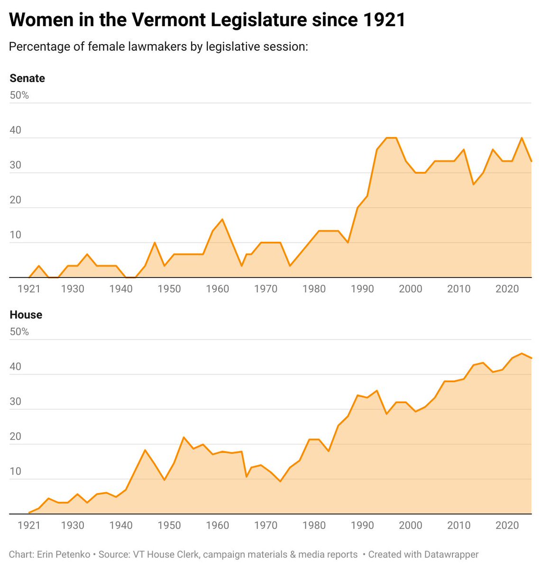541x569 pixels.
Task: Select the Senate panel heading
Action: coord(27,78)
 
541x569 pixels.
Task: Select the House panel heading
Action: coord(26,315)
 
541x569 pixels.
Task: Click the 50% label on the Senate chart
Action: coord(19,95)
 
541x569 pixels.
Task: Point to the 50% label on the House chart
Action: coord(19,332)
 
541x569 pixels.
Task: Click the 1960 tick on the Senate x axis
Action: coord(217,289)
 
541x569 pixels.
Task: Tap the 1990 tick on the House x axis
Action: coord(362,525)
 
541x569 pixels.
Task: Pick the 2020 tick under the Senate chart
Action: coord(507,289)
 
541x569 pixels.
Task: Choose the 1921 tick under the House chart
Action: coord(28,525)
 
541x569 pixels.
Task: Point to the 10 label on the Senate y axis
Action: coord(15,235)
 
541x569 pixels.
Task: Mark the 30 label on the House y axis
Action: coord(15,402)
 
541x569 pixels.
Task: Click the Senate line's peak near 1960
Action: coord(222,219)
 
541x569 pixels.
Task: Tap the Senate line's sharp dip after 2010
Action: coord(473,184)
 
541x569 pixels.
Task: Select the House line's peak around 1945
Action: coord(145,450)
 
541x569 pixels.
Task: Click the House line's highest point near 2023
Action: coord(522,353)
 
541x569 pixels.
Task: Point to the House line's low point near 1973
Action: coord(280,481)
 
